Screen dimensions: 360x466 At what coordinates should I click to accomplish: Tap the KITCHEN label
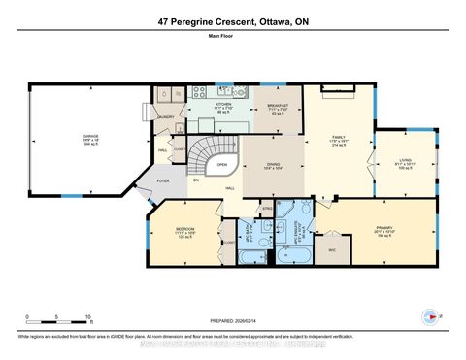(x=223, y=103)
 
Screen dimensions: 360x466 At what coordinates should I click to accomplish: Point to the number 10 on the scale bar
(x=88, y=317)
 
